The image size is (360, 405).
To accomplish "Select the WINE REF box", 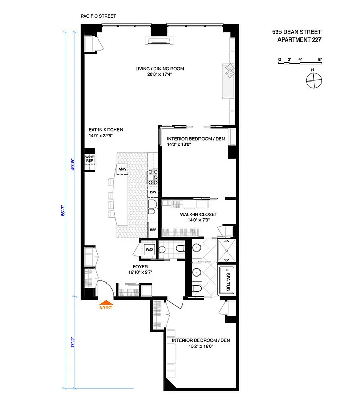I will [x=89, y=159].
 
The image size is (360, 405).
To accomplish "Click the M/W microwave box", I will [x=123, y=169].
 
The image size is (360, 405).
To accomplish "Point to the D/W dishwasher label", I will [x=152, y=193].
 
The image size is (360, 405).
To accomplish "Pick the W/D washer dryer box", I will [x=149, y=249].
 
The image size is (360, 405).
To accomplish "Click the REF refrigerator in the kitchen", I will [x=152, y=230].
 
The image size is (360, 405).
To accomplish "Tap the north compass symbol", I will [x=314, y=79].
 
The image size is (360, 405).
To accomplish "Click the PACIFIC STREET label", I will [x=98, y=16].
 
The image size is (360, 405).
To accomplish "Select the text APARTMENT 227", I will [x=299, y=39].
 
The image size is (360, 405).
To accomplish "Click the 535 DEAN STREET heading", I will [x=297, y=31].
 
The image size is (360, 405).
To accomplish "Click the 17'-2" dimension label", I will [x=73, y=342].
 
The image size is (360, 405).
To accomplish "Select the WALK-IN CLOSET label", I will [x=198, y=215].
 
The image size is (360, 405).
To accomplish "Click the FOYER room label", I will [x=140, y=266].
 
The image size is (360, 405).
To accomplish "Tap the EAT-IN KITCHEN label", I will [x=106, y=130].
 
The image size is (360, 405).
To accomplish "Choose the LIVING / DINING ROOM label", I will [x=159, y=69].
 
